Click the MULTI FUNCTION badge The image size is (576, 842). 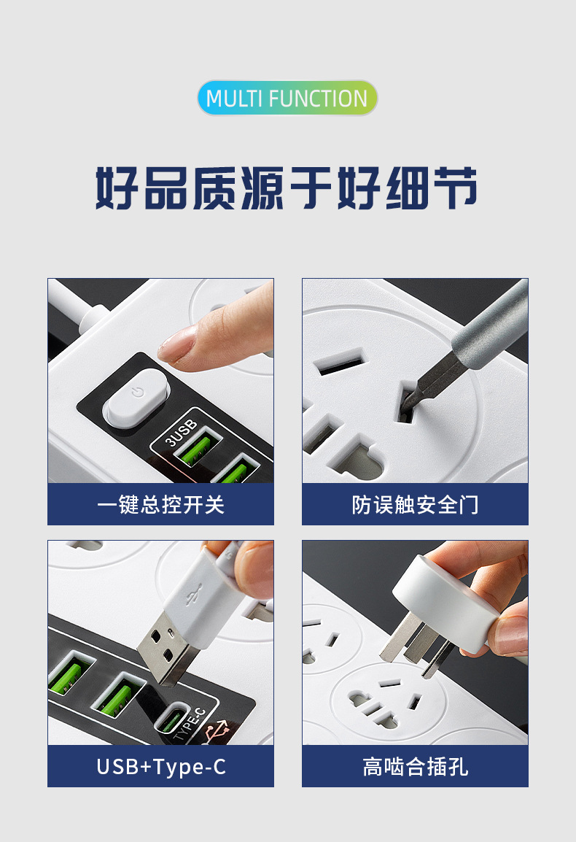[287, 99]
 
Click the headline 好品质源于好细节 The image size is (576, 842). [287, 188]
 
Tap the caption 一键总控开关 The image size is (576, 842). [160, 504]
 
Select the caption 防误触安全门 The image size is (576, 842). [415, 504]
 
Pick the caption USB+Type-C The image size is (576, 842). [160, 766]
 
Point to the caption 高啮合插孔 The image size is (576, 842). [415, 766]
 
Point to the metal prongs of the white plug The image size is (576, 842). [412, 642]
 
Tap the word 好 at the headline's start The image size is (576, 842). [117, 188]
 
